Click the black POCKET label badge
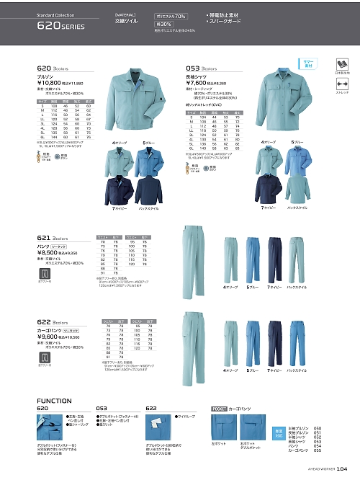click(220, 408)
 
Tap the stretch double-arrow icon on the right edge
click(342, 84)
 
